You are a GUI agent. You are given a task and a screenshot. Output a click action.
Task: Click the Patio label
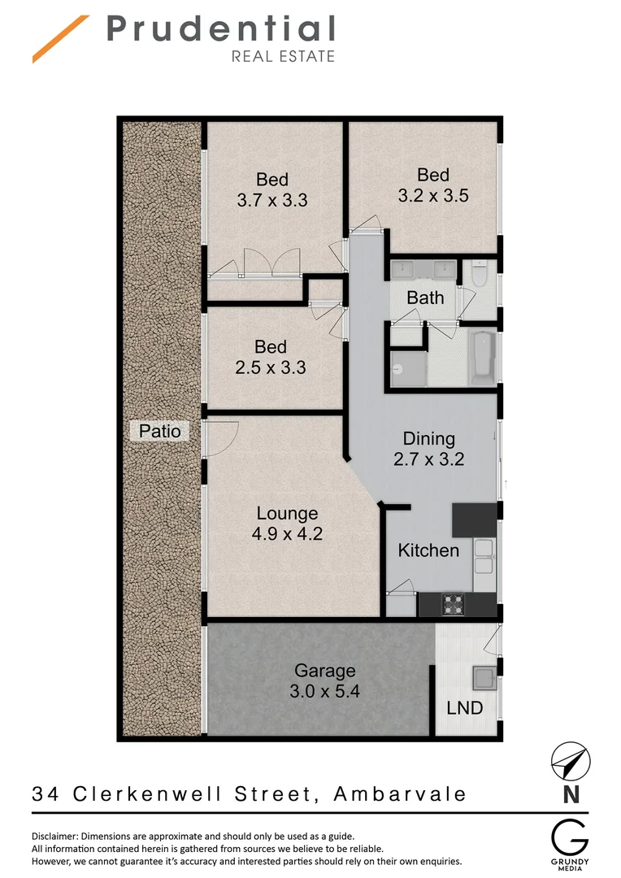pos(159,431)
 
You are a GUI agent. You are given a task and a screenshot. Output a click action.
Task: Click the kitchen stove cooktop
pos(451,604)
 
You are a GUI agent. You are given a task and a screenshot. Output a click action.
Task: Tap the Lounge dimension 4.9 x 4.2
pos(287,535)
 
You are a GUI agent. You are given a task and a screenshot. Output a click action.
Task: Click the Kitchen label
pos(428,550)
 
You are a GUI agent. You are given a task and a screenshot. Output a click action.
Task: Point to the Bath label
pos(425,298)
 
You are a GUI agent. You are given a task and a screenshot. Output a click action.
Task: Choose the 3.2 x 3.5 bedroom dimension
pos(433,196)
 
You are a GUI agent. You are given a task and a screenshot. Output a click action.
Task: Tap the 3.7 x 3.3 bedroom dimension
pos(272,200)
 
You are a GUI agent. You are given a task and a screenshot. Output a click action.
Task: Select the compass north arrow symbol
pos(571,762)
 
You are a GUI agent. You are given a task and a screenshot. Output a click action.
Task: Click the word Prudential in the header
pos(221,30)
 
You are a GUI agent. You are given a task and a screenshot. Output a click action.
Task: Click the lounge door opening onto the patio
pos(219,439)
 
